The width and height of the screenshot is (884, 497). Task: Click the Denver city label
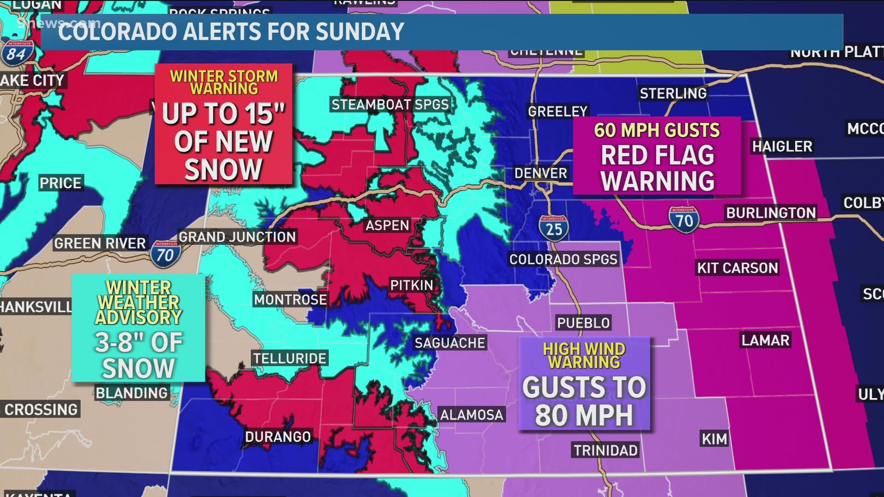[541, 173]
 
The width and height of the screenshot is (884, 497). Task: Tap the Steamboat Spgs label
[390, 104]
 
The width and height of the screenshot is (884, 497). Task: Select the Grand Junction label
[237, 237]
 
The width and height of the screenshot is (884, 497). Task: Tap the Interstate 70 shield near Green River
[165, 253]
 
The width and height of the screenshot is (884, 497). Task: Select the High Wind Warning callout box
[584, 384]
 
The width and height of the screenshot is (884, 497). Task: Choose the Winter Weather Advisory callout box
[138, 328]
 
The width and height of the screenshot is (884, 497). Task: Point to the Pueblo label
[583, 323]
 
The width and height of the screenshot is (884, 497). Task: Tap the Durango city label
[278, 436]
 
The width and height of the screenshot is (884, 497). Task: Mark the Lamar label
[765, 340]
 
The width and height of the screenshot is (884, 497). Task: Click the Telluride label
[290, 358]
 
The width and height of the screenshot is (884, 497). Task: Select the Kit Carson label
[738, 268]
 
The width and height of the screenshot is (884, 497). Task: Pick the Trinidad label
[605, 450]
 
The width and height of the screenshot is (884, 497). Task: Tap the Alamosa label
[471, 415]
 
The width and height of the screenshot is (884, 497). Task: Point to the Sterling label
[673, 93]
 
